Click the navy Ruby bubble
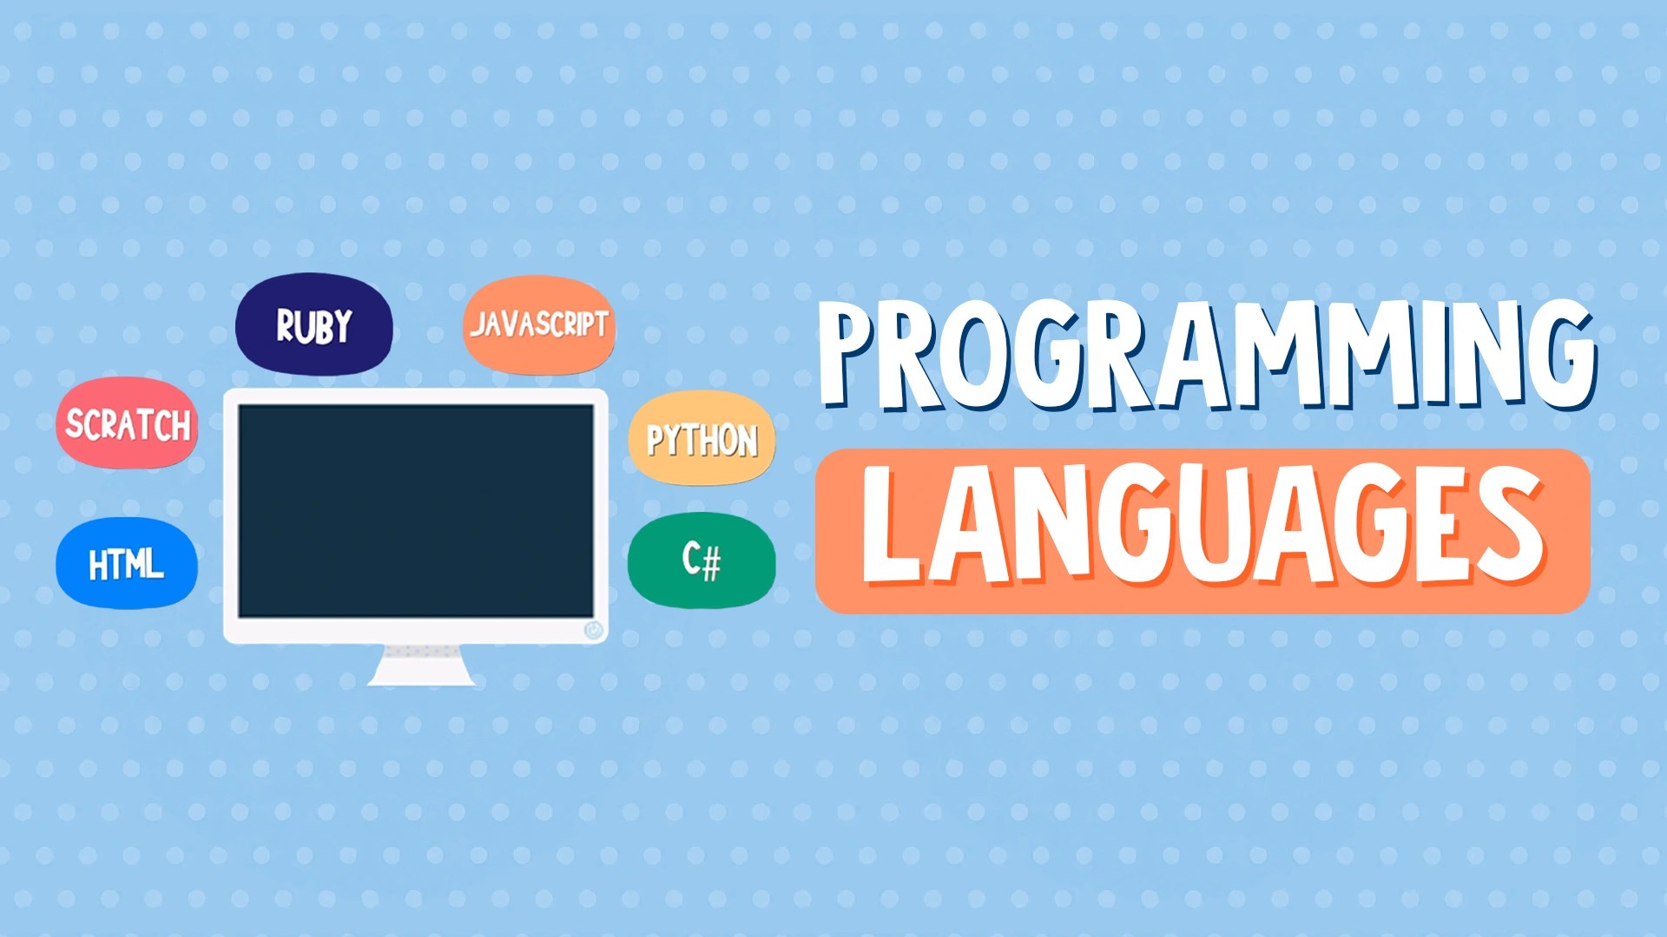pos(313,325)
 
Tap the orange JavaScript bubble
pos(538,325)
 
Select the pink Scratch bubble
pos(127,423)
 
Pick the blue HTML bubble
pos(127,564)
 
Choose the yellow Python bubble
pos(702,438)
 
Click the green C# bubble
pos(702,560)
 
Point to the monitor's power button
pos(593,629)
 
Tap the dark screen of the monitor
pos(416,510)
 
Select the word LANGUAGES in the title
pos(1202,527)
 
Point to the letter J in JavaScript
pos(480,325)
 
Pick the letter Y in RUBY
pos(339,327)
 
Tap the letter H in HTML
pos(100,566)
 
